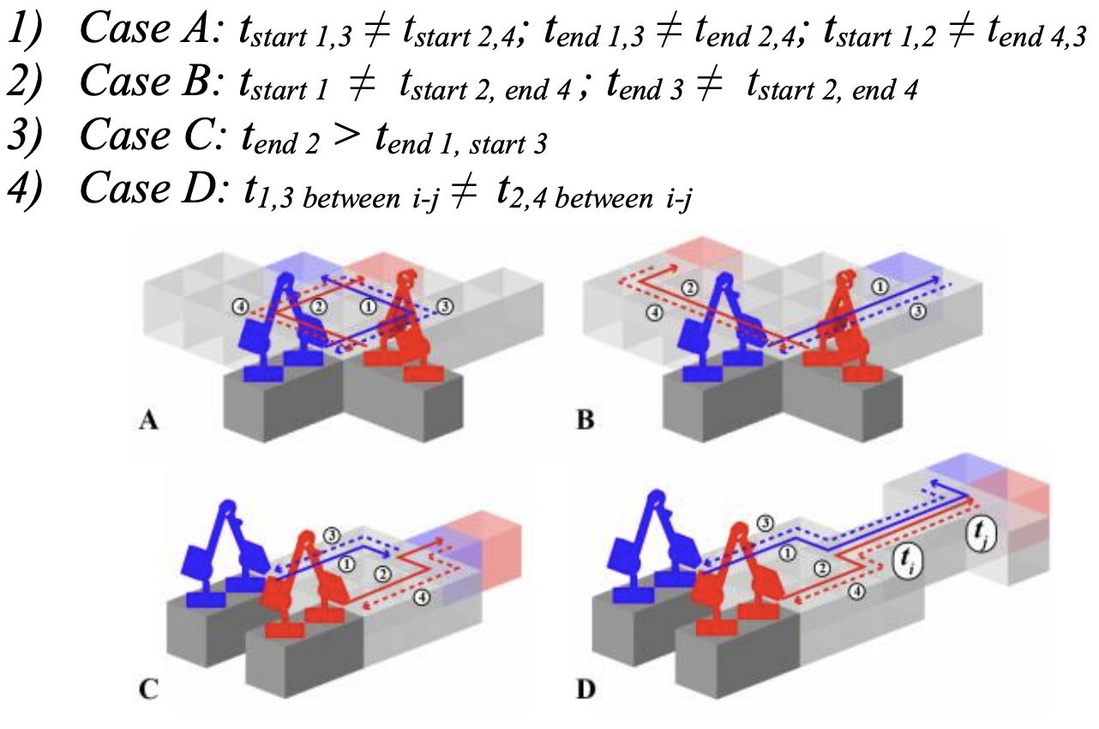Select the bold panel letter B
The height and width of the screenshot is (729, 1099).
click(586, 421)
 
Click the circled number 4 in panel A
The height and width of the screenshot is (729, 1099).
click(241, 304)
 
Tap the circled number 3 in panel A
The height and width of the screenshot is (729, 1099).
click(443, 304)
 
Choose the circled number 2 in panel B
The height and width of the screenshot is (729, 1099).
click(686, 289)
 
